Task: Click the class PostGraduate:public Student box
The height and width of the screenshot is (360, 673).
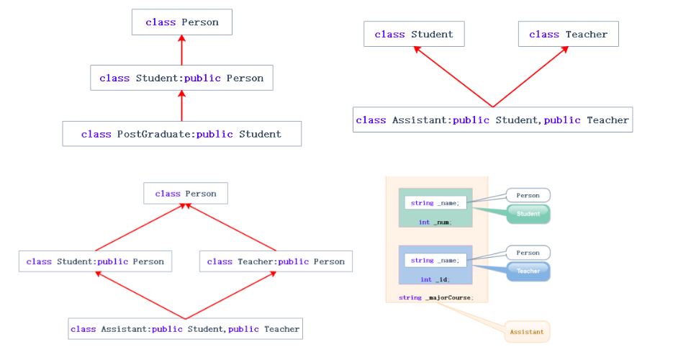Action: [181, 134]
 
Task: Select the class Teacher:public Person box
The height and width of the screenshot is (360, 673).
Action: [276, 261]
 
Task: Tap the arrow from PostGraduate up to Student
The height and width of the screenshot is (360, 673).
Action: [181, 106]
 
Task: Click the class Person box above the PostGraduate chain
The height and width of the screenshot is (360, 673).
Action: [181, 22]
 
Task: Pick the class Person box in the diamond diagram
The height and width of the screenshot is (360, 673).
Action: [185, 193]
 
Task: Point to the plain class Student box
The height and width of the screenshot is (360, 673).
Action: [414, 34]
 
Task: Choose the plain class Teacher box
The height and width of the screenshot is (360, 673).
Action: [568, 34]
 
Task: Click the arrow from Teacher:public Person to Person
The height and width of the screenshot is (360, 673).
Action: [232, 227]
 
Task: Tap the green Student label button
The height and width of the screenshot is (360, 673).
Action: [528, 214]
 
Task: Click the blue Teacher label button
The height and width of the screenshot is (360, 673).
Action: [528, 271]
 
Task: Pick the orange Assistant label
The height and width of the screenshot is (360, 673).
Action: [527, 332]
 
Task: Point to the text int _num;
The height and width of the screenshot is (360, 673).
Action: [435, 222]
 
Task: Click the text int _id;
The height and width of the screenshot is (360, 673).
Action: [435, 279]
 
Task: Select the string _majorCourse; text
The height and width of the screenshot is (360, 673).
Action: [435, 297]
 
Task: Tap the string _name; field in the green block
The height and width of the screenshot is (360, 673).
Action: [435, 203]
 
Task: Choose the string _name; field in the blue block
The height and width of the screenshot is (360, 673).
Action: [435, 260]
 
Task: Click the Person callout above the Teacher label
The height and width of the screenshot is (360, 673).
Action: [528, 253]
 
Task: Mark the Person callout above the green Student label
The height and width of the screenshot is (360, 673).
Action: [528, 195]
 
